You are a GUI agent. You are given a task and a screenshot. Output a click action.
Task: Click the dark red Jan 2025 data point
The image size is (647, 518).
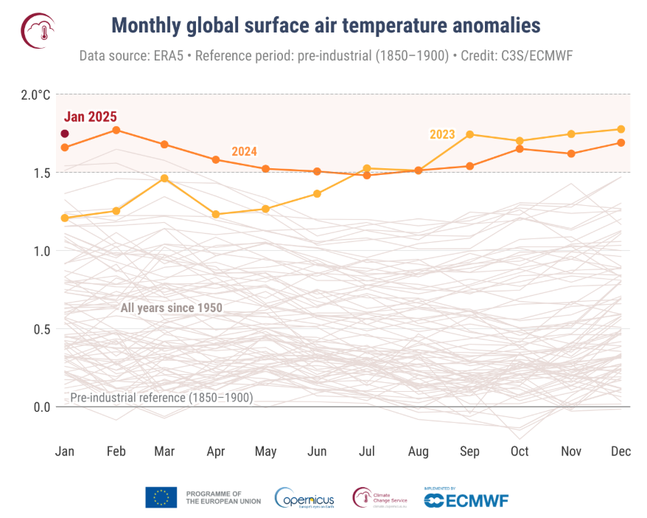(65, 134)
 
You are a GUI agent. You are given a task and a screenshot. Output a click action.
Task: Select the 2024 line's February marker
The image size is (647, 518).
(116, 130)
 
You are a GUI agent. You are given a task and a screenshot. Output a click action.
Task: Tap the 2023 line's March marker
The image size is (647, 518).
(164, 178)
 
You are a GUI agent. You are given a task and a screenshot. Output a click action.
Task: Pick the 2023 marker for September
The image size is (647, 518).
(469, 134)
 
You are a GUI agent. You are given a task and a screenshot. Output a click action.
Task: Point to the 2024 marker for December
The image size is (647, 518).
(621, 142)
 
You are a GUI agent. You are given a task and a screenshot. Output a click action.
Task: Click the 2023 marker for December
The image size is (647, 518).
(621, 129)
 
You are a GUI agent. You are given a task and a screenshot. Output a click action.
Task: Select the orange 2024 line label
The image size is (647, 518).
(244, 151)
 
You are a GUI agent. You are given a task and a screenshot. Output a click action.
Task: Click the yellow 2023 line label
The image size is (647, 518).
(442, 134)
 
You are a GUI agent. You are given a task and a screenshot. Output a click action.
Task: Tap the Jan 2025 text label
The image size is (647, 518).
(91, 117)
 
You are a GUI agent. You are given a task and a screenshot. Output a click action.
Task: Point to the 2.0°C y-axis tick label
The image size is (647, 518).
(35, 94)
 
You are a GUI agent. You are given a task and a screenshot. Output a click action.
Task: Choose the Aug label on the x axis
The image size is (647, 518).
(419, 452)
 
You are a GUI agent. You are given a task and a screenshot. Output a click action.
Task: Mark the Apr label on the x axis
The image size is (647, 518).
(216, 452)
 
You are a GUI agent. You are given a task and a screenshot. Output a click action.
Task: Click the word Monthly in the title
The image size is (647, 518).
(146, 26)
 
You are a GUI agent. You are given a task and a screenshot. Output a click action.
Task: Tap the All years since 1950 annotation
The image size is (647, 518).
(171, 308)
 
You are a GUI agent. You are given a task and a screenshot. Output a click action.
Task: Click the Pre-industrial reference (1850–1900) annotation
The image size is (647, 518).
(161, 398)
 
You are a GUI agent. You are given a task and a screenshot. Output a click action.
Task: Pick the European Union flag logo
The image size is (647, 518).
(161, 497)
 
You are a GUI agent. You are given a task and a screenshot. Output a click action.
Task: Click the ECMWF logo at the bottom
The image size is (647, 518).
(466, 500)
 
